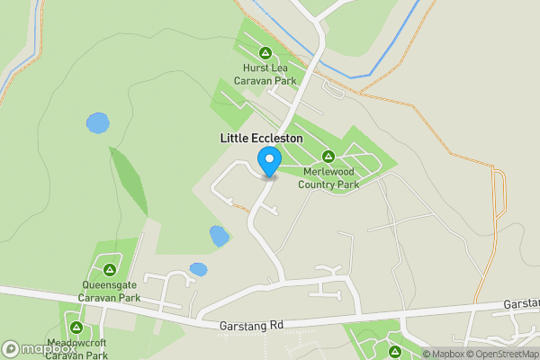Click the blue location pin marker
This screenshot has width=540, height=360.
tap(268, 162)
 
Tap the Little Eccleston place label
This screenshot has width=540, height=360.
tap(261, 139)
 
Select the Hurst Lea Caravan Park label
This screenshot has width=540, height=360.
tap(265, 74)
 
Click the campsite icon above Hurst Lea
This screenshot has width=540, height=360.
tap(265, 52)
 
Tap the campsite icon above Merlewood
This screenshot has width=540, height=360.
tap(328, 156)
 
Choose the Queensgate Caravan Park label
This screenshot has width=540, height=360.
tap(109, 291)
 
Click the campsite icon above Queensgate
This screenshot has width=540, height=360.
tap(109, 269)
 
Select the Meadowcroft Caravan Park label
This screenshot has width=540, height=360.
tap(76, 349)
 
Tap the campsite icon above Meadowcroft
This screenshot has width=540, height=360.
tap(76, 328)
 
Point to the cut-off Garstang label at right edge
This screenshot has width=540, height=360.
tap(521, 304)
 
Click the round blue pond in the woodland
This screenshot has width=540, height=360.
tap(97, 121)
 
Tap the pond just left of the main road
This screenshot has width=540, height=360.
tap(219, 236)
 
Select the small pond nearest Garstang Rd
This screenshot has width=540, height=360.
tap(198, 269)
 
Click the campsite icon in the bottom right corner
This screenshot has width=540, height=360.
tap(394, 350)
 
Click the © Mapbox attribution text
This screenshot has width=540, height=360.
tap(443, 354)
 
